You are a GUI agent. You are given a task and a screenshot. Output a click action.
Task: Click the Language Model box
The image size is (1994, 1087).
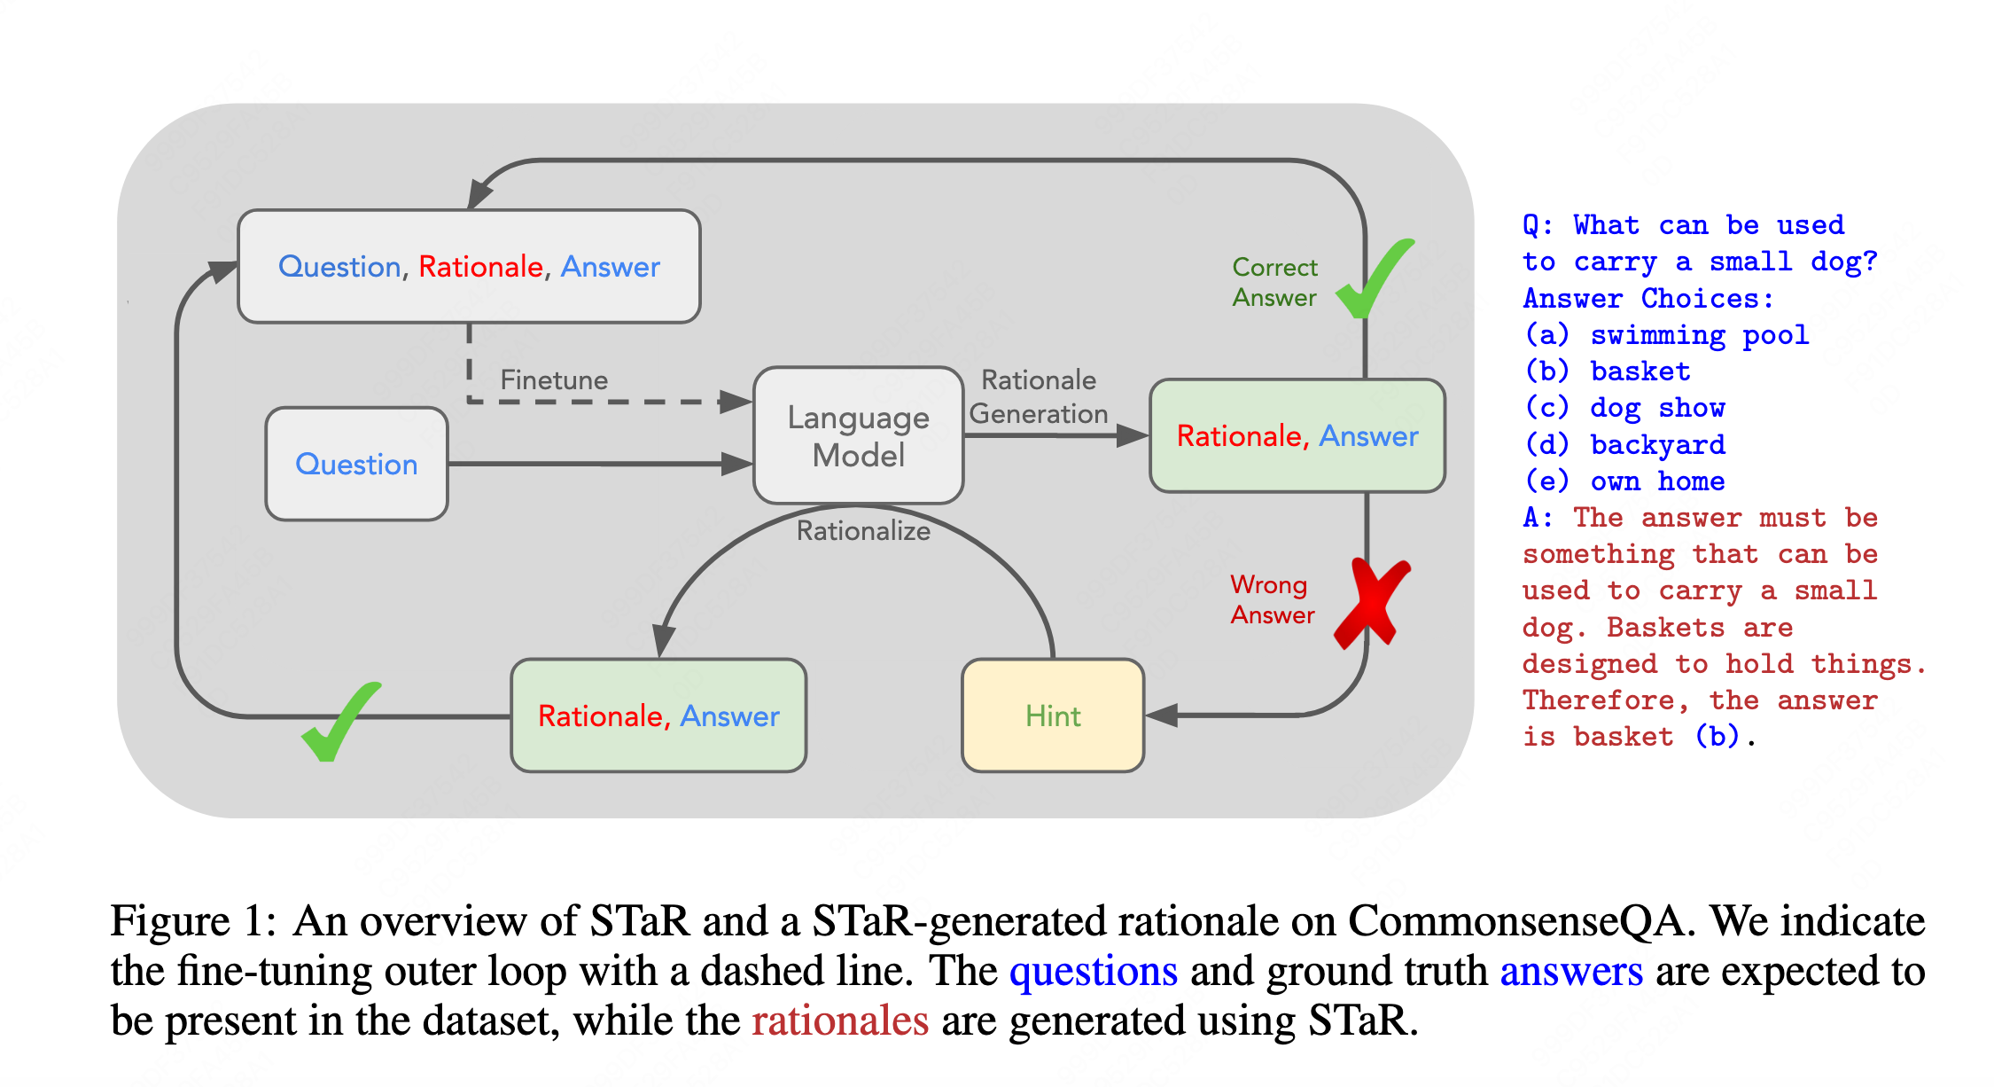click(858, 435)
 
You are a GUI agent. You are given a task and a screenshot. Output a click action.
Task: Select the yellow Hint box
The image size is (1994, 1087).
click(1053, 715)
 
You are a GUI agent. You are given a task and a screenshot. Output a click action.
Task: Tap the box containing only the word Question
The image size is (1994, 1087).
click(356, 464)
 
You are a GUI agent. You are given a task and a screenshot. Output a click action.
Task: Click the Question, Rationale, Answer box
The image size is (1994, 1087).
click(469, 266)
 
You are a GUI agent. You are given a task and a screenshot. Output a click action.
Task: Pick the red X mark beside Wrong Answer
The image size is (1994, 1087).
click(1372, 603)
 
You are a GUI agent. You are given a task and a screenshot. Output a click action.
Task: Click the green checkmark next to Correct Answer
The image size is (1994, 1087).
click(1375, 278)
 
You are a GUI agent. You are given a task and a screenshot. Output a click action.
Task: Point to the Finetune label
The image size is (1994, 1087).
click(554, 380)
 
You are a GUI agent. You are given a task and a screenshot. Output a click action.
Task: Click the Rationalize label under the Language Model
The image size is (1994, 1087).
click(863, 530)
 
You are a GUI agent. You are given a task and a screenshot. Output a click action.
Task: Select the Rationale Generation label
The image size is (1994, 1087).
click(1039, 396)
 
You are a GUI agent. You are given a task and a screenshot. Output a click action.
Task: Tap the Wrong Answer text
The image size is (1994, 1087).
click(1273, 599)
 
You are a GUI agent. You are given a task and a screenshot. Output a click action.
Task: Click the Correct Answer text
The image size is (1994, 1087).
click(1274, 282)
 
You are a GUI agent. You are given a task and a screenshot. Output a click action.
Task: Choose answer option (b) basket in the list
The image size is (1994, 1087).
click(1607, 371)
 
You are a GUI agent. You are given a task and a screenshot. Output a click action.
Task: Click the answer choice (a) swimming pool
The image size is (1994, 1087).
click(1666, 334)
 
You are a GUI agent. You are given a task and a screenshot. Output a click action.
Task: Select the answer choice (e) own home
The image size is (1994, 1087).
click(1624, 481)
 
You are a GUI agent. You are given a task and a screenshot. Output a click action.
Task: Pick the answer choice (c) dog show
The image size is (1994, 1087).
click(1624, 408)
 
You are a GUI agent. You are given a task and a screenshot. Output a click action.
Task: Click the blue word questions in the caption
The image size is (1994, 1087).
click(1094, 971)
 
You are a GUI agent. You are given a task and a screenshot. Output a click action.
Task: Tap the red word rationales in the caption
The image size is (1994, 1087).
click(840, 1021)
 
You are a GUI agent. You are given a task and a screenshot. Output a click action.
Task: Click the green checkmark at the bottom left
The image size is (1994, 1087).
click(341, 722)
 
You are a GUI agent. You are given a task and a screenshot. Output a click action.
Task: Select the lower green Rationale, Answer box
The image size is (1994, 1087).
click(658, 715)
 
